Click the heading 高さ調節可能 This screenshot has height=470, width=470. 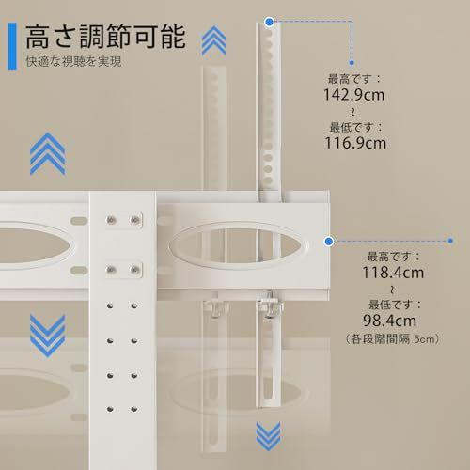[x=106, y=37]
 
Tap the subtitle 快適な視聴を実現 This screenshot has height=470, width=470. [x=73, y=61]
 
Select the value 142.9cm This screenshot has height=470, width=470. [x=353, y=95]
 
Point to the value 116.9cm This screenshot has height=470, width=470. [x=355, y=143]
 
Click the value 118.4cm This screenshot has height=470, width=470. [x=393, y=272]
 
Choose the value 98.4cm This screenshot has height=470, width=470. [x=389, y=321]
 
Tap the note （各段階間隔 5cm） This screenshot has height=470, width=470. [x=392, y=338]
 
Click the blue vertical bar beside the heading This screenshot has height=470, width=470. [x=12, y=46]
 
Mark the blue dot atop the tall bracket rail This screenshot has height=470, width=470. [x=269, y=22]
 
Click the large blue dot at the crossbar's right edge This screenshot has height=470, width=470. [x=329, y=242]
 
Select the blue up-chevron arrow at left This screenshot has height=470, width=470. [x=48, y=153]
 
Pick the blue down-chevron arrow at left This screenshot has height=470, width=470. [x=48, y=336]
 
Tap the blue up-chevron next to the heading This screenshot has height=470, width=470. [x=213, y=40]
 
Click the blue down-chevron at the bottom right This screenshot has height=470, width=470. [x=268, y=436]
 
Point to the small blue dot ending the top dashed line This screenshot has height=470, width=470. [x=352, y=63]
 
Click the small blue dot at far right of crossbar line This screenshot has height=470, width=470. [x=450, y=241]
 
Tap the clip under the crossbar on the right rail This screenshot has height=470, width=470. [x=270, y=305]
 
